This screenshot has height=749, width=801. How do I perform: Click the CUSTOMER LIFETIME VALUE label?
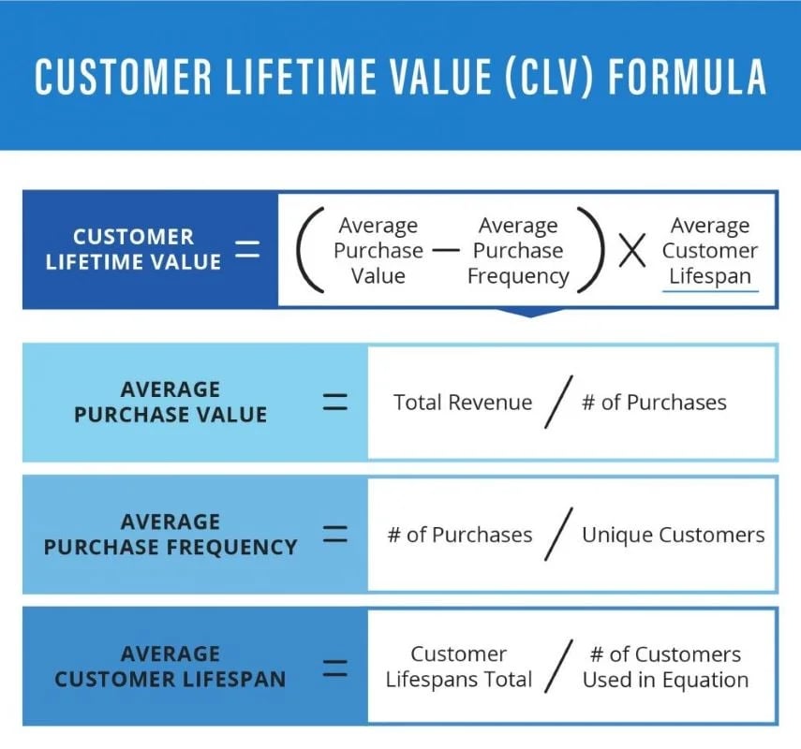coord(133,249)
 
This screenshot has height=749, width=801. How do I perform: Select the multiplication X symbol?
coord(632,251)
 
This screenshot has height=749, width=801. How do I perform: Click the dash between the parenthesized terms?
coord(447,251)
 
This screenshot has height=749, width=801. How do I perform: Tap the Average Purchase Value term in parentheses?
coord(378,251)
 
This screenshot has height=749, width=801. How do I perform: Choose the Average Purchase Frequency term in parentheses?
coord(518,251)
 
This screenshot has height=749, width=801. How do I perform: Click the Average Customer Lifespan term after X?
coord(709,251)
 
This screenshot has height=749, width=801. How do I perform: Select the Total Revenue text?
coord(463,403)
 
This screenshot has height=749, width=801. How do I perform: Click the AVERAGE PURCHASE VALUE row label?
coord(171,402)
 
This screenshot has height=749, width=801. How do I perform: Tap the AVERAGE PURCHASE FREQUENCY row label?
coord(171,534)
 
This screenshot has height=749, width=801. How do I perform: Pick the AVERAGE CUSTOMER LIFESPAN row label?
coord(171,666)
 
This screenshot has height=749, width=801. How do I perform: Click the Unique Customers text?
coord(673,535)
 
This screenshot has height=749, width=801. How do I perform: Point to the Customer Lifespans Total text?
coord(459,667)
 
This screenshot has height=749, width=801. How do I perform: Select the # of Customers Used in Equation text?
coord(665,667)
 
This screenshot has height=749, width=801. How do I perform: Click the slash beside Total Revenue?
coord(557,404)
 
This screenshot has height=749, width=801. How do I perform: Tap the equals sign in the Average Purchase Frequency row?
coord(334,535)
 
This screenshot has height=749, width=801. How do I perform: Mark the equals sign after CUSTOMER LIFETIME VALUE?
coord(246,249)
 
